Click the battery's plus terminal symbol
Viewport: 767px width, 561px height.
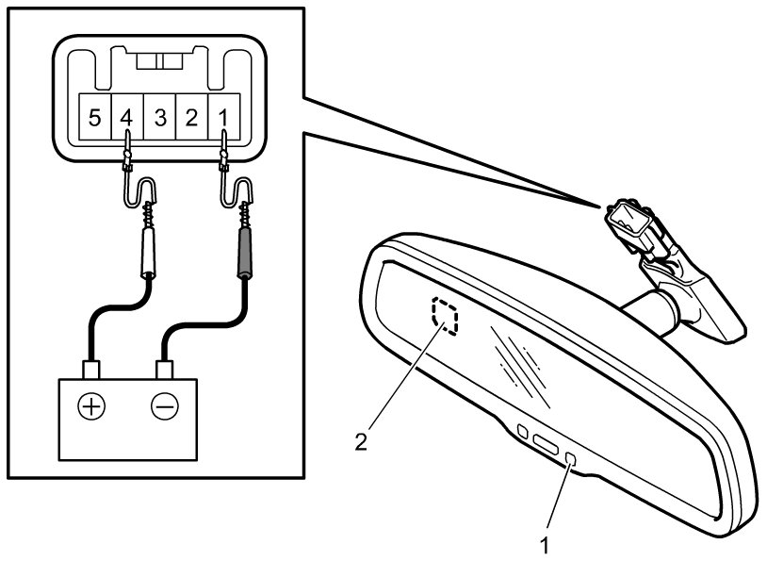[x=90, y=406]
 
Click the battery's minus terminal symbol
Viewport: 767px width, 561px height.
[x=165, y=406]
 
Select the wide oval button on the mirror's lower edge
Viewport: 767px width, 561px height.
[x=547, y=443]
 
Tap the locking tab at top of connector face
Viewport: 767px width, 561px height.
[x=159, y=61]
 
